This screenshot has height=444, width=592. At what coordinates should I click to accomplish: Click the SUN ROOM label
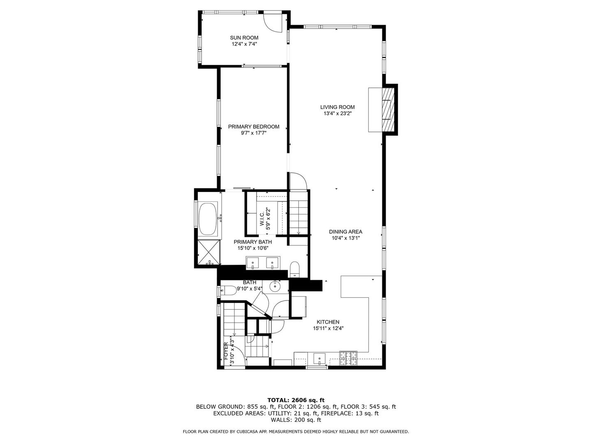point(244,38)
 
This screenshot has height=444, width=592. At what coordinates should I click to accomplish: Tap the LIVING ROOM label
point(337,107)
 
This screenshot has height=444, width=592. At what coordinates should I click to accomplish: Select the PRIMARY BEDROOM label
point(254,127)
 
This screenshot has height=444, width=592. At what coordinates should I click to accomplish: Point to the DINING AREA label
point(345,231)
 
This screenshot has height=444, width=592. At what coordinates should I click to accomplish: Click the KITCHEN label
point(328,322)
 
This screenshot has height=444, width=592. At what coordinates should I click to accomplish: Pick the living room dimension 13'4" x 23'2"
point(338,113)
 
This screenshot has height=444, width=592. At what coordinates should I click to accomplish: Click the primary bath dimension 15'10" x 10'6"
point(253,248)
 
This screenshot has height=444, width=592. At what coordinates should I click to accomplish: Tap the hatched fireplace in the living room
point(388,109)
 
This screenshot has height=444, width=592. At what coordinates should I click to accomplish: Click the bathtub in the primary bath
point(208,220)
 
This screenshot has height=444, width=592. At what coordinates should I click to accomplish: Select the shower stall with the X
point(209,252)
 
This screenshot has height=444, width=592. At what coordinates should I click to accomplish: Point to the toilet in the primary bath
point(294,269)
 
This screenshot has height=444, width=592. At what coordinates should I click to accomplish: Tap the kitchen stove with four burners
point(349,358)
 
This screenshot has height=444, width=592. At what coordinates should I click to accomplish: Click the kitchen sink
point(319,359)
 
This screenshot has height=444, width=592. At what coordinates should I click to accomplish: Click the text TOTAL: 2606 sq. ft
point(296,400)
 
